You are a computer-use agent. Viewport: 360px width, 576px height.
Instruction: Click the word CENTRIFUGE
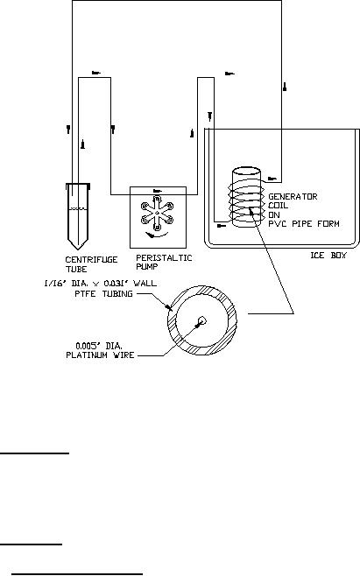[92, 260]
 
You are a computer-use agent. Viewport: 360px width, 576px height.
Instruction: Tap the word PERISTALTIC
[164, 258]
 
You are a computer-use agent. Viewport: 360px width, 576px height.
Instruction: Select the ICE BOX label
[328, 255]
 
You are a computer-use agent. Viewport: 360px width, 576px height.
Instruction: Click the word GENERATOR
[293, 197]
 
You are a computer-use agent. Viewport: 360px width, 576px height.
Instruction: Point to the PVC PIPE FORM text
[304, 223]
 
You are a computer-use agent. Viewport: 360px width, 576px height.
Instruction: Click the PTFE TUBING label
[103, 293]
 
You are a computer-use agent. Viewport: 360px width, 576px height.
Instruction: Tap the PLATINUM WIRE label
[100, 355]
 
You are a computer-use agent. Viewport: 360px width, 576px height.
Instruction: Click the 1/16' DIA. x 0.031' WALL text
[101, 284]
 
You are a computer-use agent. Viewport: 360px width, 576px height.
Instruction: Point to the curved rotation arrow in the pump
[157, 235]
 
